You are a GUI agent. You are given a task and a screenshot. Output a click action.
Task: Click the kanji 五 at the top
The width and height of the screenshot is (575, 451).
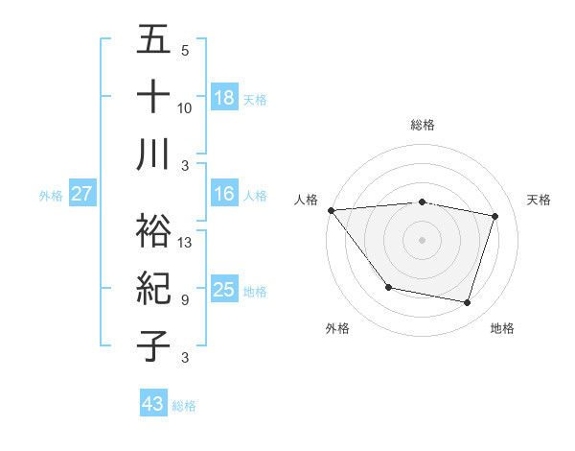tap(154, 40)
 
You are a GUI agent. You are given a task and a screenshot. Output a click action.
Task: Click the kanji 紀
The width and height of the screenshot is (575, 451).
tap(154, 287)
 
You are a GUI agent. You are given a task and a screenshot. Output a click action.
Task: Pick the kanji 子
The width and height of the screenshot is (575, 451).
tap(154, 344)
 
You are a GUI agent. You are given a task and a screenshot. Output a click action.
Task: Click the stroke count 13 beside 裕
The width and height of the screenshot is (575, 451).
tap(186, 243)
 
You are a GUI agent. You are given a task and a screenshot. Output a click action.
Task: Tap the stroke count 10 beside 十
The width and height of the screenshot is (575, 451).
tap(186, 107)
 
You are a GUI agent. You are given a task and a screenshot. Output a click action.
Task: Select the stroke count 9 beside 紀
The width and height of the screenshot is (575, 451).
tap(184, 299)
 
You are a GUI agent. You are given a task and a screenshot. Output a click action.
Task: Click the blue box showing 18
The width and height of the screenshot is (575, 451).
tap(224, 97)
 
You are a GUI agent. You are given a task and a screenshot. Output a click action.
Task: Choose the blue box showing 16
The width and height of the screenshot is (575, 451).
tap(224, 194)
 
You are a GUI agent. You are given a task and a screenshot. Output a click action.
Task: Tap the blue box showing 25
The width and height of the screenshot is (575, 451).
tap(224, 290)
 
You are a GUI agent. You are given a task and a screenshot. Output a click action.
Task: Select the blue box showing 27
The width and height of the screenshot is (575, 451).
tap(82, 194)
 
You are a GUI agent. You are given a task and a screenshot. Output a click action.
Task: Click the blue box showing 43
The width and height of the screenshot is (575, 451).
tap(153, 404)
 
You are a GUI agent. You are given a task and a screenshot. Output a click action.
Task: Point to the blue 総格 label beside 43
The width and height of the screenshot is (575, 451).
tap(184, 406)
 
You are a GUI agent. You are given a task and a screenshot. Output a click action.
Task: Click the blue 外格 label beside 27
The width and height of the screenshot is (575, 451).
tap(51, 196)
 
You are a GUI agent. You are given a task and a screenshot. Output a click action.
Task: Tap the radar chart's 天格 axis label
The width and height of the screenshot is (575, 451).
tap(539, 200)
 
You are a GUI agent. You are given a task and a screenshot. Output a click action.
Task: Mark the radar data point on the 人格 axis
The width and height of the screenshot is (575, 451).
tap(332, 210)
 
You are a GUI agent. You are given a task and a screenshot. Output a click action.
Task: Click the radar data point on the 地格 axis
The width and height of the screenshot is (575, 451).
tap(467, 302)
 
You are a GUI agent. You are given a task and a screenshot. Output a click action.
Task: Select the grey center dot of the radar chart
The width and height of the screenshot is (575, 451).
tap(422, 239)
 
